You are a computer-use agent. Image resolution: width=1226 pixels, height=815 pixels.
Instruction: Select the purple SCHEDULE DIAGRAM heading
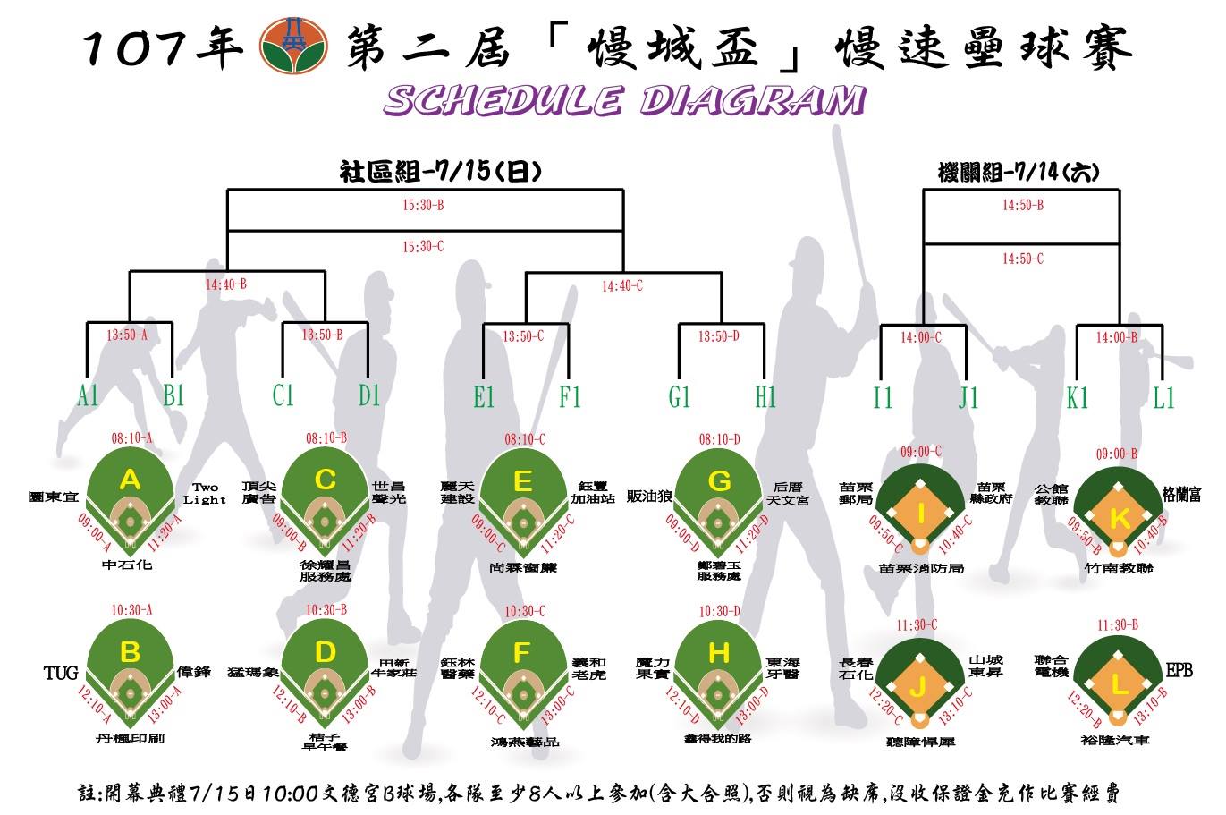coord(624,100)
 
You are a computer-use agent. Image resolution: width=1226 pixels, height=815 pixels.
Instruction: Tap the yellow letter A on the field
coord(131,480)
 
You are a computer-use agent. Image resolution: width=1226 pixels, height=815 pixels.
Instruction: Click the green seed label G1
coord(679,396)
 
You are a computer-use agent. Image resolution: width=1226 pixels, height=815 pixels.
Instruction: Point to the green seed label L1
coord(1163,397)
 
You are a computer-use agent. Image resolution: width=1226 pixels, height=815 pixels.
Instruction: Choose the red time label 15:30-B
coord(423,205)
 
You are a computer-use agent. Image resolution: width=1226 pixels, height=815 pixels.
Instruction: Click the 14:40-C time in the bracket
coord(622,286)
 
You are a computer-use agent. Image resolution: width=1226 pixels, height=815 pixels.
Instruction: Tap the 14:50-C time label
coord(1022,259)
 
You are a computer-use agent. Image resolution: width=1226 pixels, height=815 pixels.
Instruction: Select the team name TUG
coord(61,672)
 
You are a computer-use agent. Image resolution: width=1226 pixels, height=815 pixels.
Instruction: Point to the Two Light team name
coord(205,494)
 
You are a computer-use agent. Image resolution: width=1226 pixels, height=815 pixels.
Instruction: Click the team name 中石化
coord(127,565)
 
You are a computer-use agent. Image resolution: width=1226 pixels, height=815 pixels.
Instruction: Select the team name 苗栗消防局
coord(921,567)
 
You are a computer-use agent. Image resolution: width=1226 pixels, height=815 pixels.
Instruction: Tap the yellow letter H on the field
coord(719,653)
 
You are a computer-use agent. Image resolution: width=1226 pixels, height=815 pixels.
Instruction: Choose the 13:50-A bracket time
coord(127,335)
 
